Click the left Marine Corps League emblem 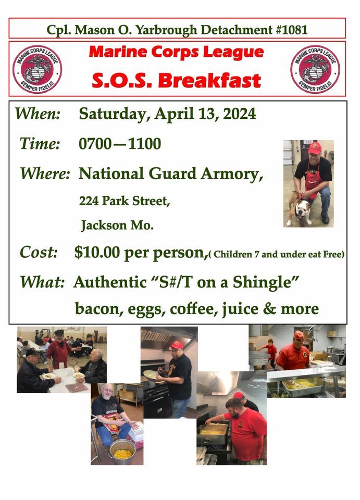tap(37, 69)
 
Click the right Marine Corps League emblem tap(315, 69)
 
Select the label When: tap(38, 114)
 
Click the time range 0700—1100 tap(120, 144)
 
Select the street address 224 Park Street tap(125, 201)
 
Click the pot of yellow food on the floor tap(122, 452)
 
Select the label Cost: tap(39, 253)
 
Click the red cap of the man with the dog tap(315, 148)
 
